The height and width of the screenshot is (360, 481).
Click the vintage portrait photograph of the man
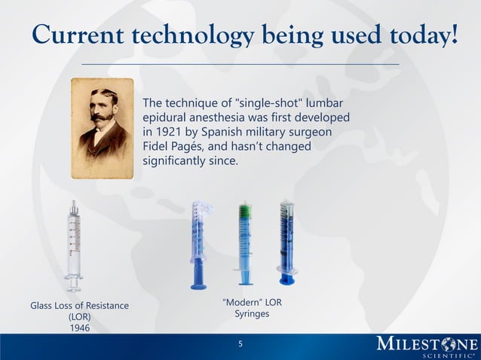pyautogui.click(x=102, y=128)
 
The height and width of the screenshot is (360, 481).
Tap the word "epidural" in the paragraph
pyautogui.click(x=166, y=117)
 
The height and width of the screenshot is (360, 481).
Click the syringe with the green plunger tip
pyautogui.click(x=245, y=243)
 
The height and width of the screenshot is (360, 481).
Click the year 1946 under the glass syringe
pyautogui.click(x=79, y=328)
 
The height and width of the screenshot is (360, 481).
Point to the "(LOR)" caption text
pyautogui.click(x=79, y=316)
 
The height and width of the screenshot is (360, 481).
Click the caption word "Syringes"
pyautogui.click(x=252, y=313)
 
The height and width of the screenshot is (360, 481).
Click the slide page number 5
pyautogui.click(x=240, y=344)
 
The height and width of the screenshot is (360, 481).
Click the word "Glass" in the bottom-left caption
pyautogui.click(x=44, y=305)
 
